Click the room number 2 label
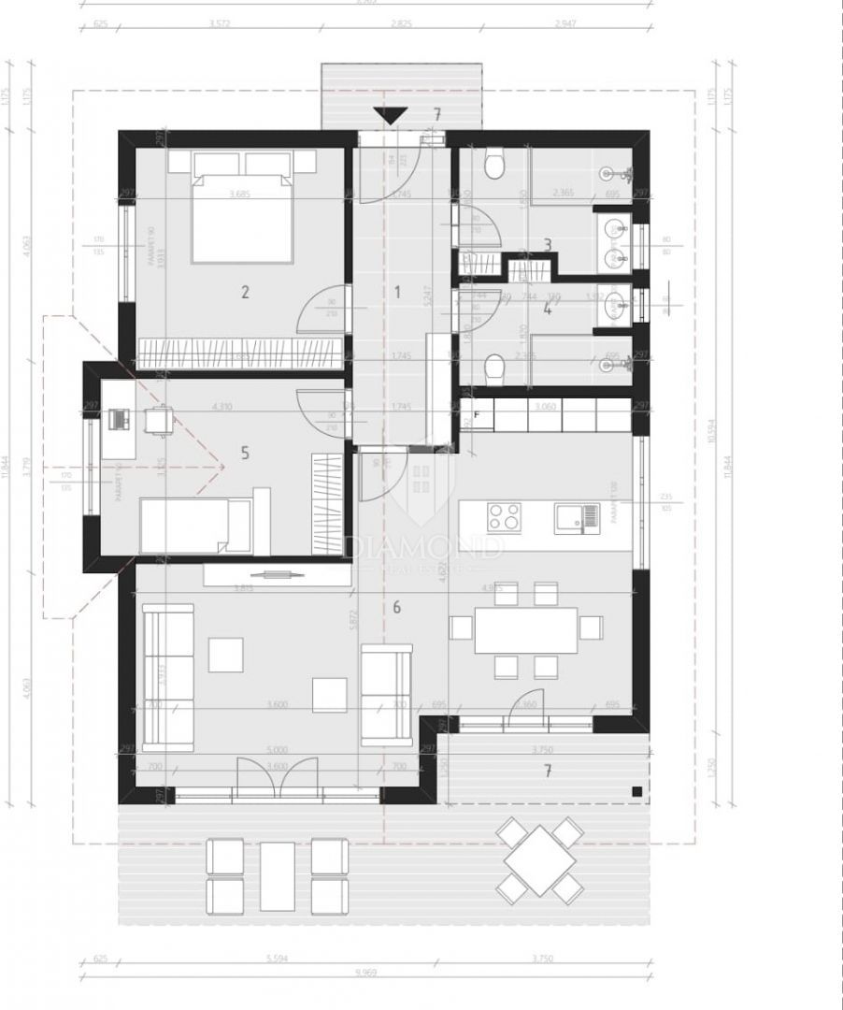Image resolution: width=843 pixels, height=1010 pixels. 245,292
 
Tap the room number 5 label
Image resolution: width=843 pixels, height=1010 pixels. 245,454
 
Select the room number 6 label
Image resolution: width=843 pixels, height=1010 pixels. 396,608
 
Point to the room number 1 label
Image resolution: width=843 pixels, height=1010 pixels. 396,292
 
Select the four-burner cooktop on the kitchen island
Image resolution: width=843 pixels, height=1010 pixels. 505,516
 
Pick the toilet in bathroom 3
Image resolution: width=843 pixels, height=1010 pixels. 495,166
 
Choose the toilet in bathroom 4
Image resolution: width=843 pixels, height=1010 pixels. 495,369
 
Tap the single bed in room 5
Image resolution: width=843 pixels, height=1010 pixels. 195,525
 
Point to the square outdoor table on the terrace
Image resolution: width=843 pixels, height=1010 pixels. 539,860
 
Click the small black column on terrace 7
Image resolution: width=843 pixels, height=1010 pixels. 636,792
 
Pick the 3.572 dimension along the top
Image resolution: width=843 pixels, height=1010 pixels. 217,23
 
